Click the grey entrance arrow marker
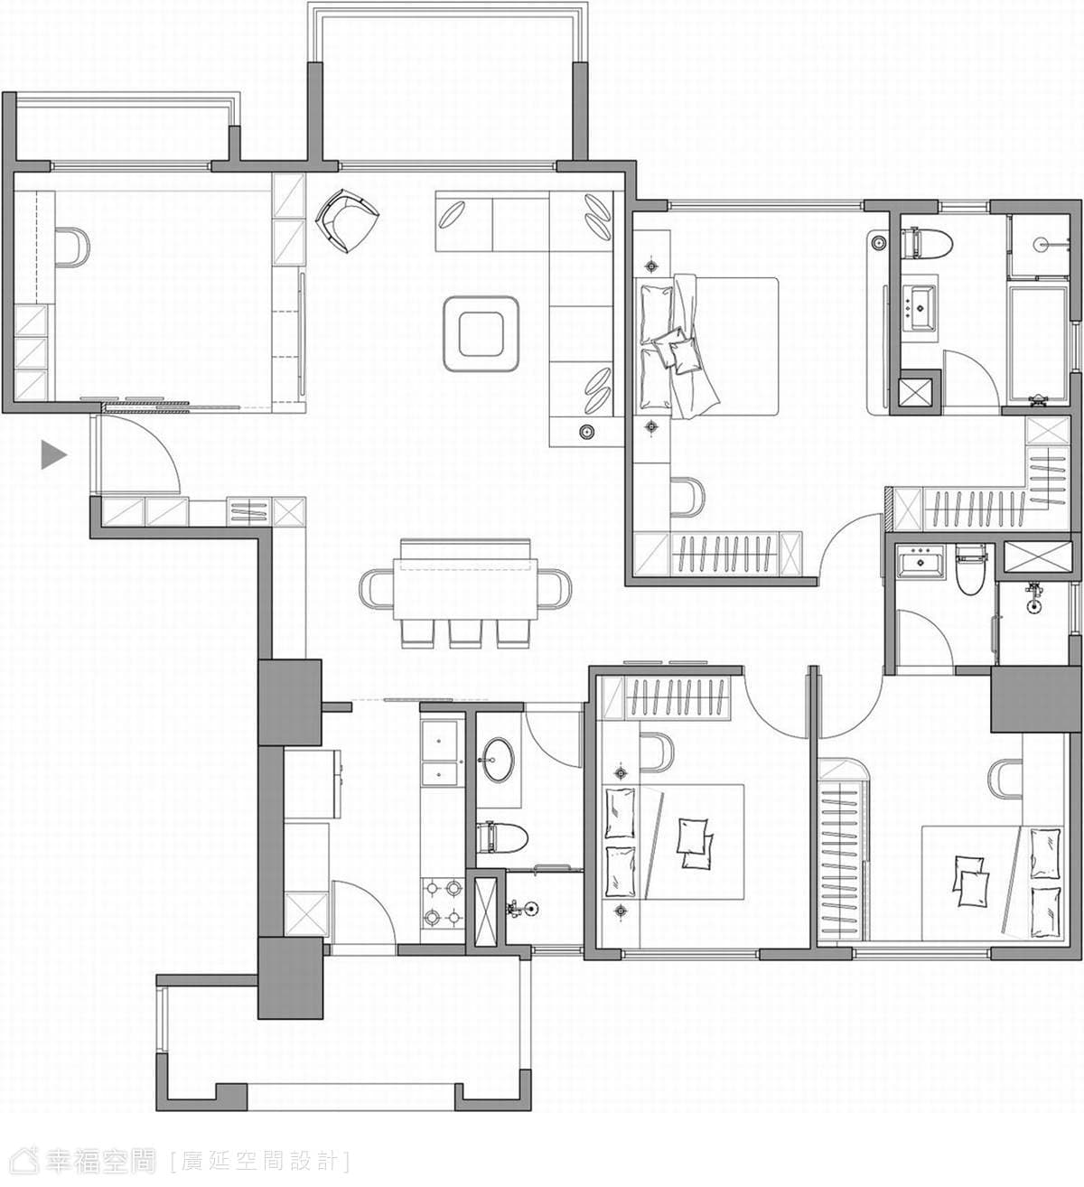[53, 455]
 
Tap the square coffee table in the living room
[481, 333]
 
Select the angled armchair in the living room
[346, 220]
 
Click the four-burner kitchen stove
[442, 903]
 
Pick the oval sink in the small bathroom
[497, 760]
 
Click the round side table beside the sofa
[587, 432]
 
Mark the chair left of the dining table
[377, 588]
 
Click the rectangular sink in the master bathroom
[917, 308]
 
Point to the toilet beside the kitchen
[501, 838]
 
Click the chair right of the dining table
[554, 588]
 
